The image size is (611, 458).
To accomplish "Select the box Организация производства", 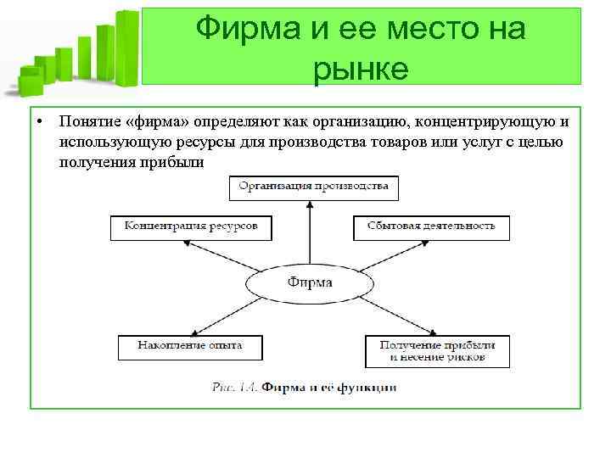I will coord(313,187).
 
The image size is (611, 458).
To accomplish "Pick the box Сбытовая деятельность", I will coord(431,227).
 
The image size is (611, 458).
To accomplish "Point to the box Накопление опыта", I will coord(190,346).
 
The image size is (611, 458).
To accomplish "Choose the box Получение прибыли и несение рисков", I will coord(437,351).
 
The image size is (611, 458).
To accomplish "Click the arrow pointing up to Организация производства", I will coord(311,233).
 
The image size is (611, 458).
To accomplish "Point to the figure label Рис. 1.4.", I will coord(234,387).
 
